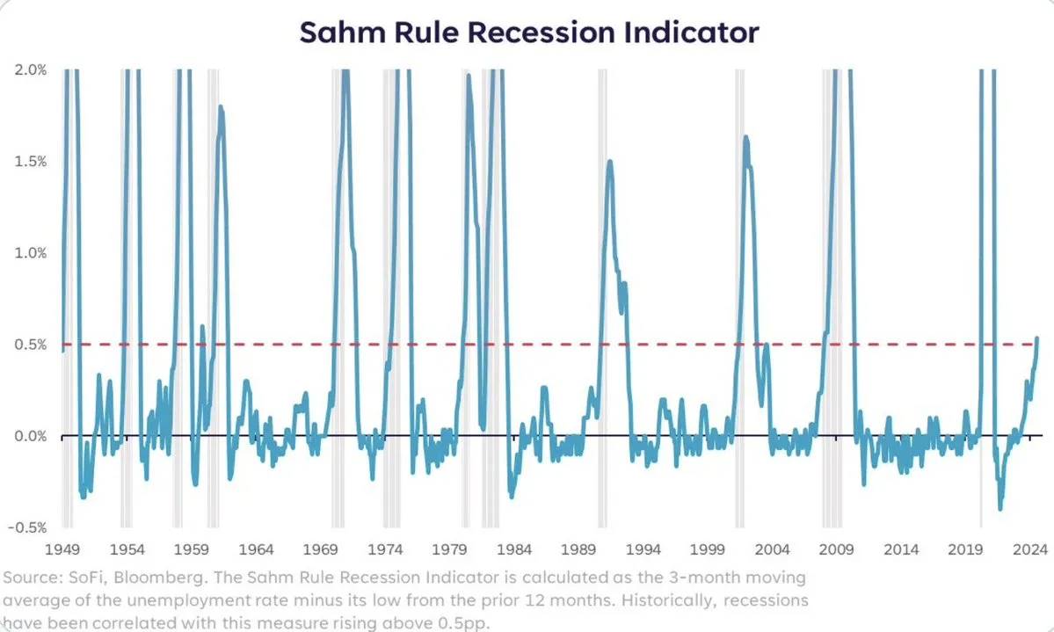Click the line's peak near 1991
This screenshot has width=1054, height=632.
(x=609, y=161)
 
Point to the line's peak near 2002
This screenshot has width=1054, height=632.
(x=745, y=137)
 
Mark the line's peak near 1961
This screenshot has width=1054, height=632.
(x=220, y=106)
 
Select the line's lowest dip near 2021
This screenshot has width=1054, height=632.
(x=1000, y=508)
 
